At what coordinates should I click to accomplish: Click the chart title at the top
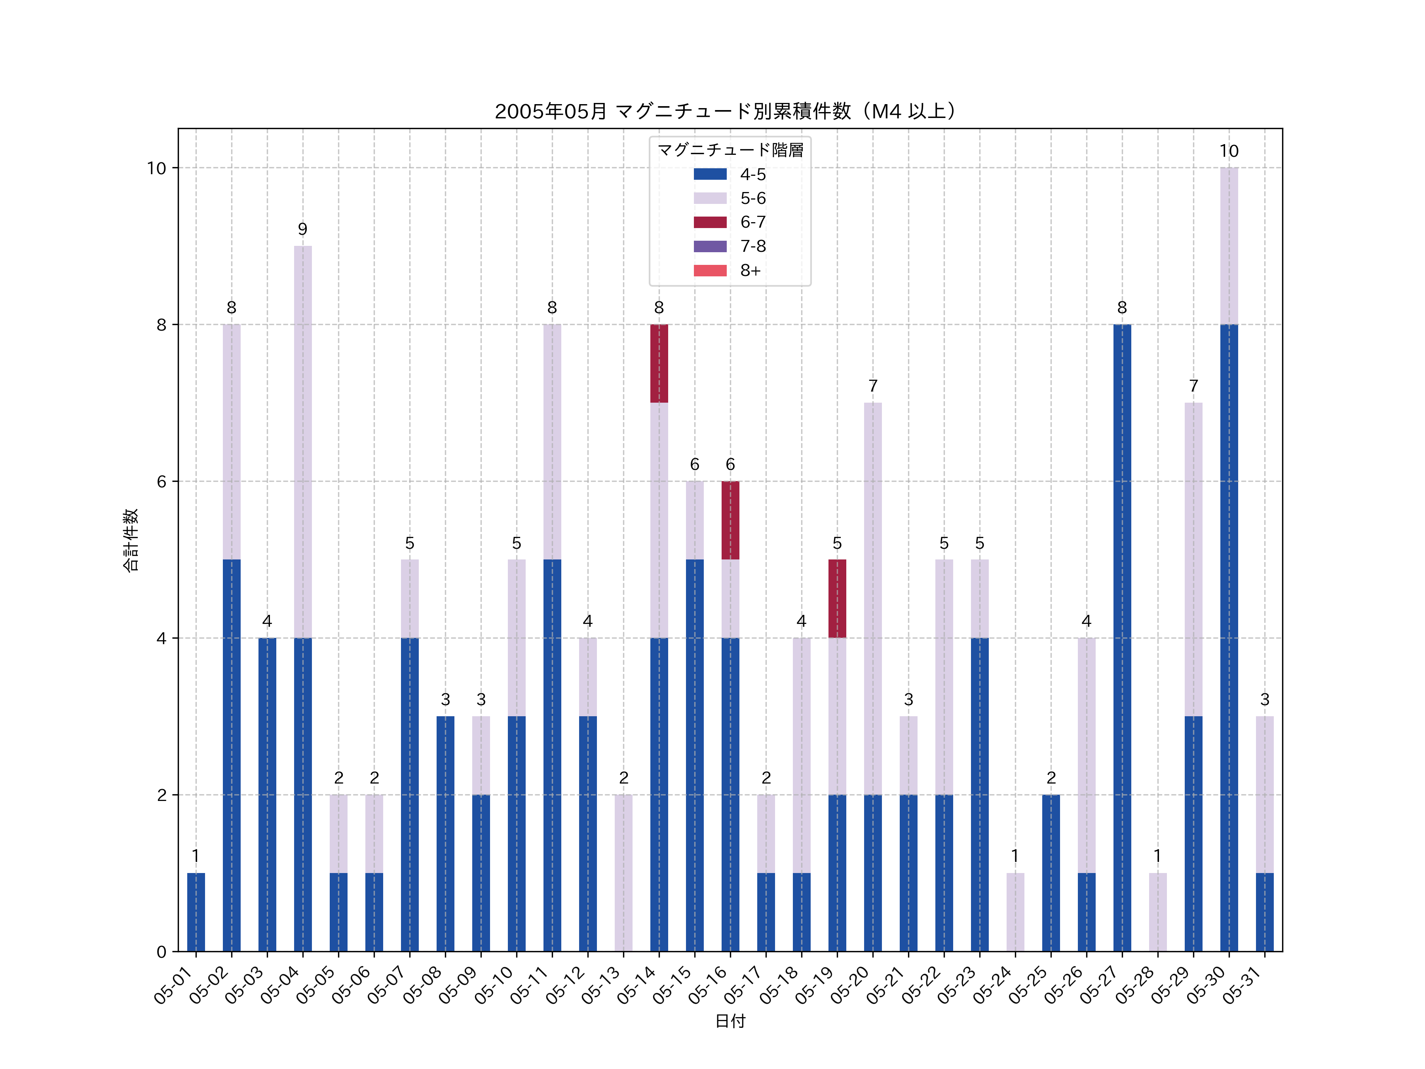coord(729,112)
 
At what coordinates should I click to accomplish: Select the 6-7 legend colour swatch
coord(710,222)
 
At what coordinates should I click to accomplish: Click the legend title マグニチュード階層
coord(730,150)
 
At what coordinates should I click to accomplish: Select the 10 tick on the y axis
coord(156,168)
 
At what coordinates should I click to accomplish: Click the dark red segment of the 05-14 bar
coord(659,363)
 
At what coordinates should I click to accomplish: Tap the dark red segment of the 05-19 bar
coord(837,599)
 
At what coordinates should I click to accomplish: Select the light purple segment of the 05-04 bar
coord(303,441)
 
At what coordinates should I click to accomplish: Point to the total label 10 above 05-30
coord(1229,151)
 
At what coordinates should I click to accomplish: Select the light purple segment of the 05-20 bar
coord(873,599)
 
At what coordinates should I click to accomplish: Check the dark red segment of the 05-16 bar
coord(730,520)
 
